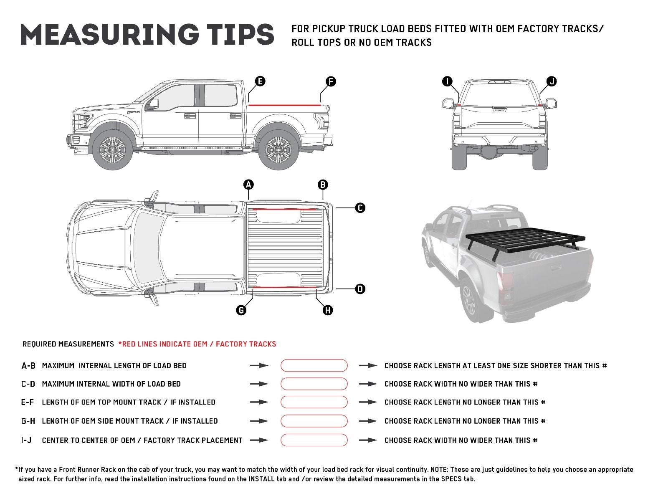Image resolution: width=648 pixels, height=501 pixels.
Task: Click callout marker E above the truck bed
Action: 260,81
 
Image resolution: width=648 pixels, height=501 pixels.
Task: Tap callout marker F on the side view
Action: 330,81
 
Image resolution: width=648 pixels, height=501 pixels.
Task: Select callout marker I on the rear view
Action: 448,81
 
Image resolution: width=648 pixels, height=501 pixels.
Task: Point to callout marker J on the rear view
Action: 552,81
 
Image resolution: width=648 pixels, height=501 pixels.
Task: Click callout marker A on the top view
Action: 248,185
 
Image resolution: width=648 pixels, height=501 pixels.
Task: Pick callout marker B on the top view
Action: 323,185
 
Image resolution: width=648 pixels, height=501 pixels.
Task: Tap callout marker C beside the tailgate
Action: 360,207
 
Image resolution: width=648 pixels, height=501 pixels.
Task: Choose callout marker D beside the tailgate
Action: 360,288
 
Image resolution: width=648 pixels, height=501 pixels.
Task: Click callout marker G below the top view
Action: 241,310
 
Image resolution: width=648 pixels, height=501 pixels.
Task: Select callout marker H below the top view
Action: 328,310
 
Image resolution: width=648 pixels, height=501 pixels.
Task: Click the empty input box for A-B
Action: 314,365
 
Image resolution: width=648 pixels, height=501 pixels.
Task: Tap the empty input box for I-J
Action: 314,440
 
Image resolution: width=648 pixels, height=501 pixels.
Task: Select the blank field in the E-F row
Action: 314,402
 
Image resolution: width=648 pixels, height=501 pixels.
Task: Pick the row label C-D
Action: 28,384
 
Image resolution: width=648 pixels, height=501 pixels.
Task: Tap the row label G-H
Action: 28,421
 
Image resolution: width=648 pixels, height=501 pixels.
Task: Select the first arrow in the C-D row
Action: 259,384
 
